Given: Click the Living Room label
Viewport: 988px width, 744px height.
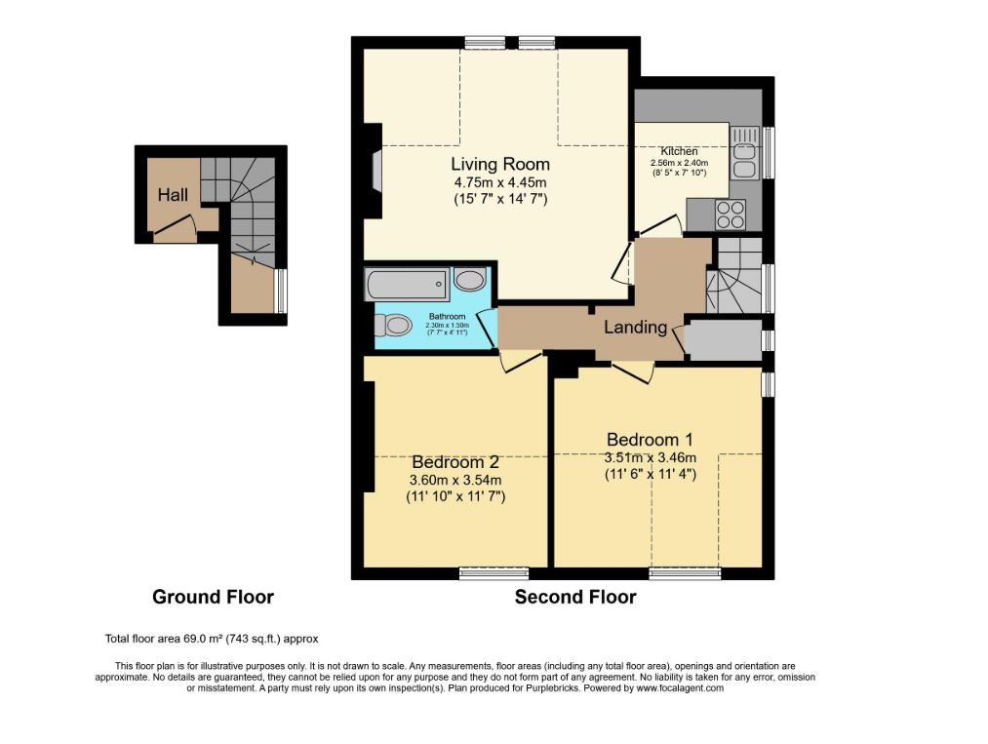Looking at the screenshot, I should (x=499, y=164).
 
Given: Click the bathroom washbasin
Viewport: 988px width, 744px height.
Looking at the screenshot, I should (x=470, y=281).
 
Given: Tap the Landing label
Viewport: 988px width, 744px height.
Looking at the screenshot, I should (x=635, y=328).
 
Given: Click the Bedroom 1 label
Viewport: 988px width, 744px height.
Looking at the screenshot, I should (x=650, y=439).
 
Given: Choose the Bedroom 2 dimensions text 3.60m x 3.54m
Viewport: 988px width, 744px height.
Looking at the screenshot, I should (x=455, y=480).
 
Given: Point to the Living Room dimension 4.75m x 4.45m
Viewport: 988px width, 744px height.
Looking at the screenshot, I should (x=499, y=182).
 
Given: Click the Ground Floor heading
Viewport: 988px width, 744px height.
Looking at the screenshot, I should (x=213, y=597).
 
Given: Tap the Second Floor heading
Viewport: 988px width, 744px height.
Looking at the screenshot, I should (x=575, y=597).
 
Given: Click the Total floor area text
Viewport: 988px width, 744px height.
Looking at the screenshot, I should (x=212, y=640).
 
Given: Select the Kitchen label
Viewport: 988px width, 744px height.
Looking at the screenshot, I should (x=679, y=151).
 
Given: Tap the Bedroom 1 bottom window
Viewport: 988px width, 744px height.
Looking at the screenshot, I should (x=685, y=573).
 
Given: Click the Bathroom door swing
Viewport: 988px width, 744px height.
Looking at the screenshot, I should (x=485, y=325).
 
